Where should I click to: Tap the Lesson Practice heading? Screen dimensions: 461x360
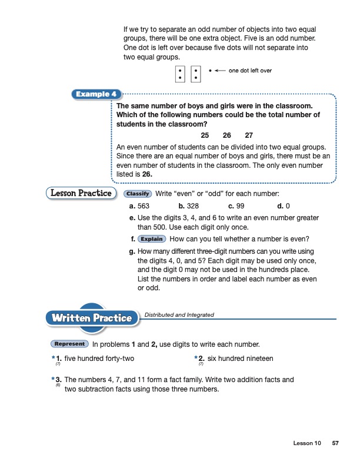(x=79, y=193)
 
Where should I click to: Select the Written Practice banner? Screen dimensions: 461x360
(x=91, y=318)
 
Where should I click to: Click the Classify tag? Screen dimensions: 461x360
(x=138, y=194)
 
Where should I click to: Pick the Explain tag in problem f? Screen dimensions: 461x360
(x=152, y=239)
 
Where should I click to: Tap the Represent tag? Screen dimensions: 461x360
(x=70, y=344)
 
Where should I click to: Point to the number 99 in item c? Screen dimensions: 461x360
(x=239, y=207)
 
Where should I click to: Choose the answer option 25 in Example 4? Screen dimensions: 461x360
(x=205, y=135)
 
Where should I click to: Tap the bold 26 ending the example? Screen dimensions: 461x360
(x=149, y=174)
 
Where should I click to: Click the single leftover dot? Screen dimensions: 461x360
(x=210, y=71)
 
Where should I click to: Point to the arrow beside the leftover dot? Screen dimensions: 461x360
(x=220, y=71)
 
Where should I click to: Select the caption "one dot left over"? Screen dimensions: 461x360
(x=250, y=71)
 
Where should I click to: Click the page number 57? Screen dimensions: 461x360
(x=335, y=443)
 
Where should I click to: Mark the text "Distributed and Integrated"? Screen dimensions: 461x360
(x=179, y=315)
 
